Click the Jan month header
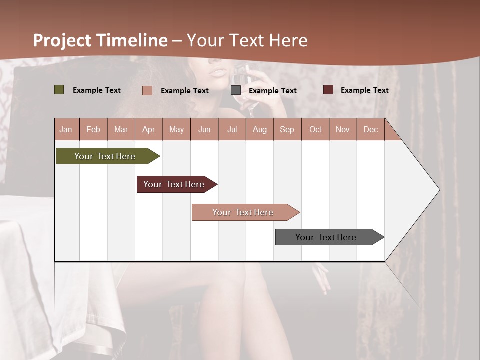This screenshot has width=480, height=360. pos(66,129)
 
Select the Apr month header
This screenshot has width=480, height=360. pos(148,129)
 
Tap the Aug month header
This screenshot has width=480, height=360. pos(259,129)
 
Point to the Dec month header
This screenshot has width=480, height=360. pos(370,129)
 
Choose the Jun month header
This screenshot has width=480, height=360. pos(204,129)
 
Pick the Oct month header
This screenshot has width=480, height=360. pos(315,129)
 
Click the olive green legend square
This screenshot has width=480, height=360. pos(59,90)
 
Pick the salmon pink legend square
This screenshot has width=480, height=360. pos(147,90)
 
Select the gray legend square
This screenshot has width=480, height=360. pos(236,90)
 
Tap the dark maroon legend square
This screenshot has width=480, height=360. pos(328,90)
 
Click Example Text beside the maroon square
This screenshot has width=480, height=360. pos(364,90)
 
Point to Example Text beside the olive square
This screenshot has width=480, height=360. pos(96,90)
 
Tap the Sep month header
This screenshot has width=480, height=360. pos(287,129)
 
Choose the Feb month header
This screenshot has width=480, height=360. pos(93,129)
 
